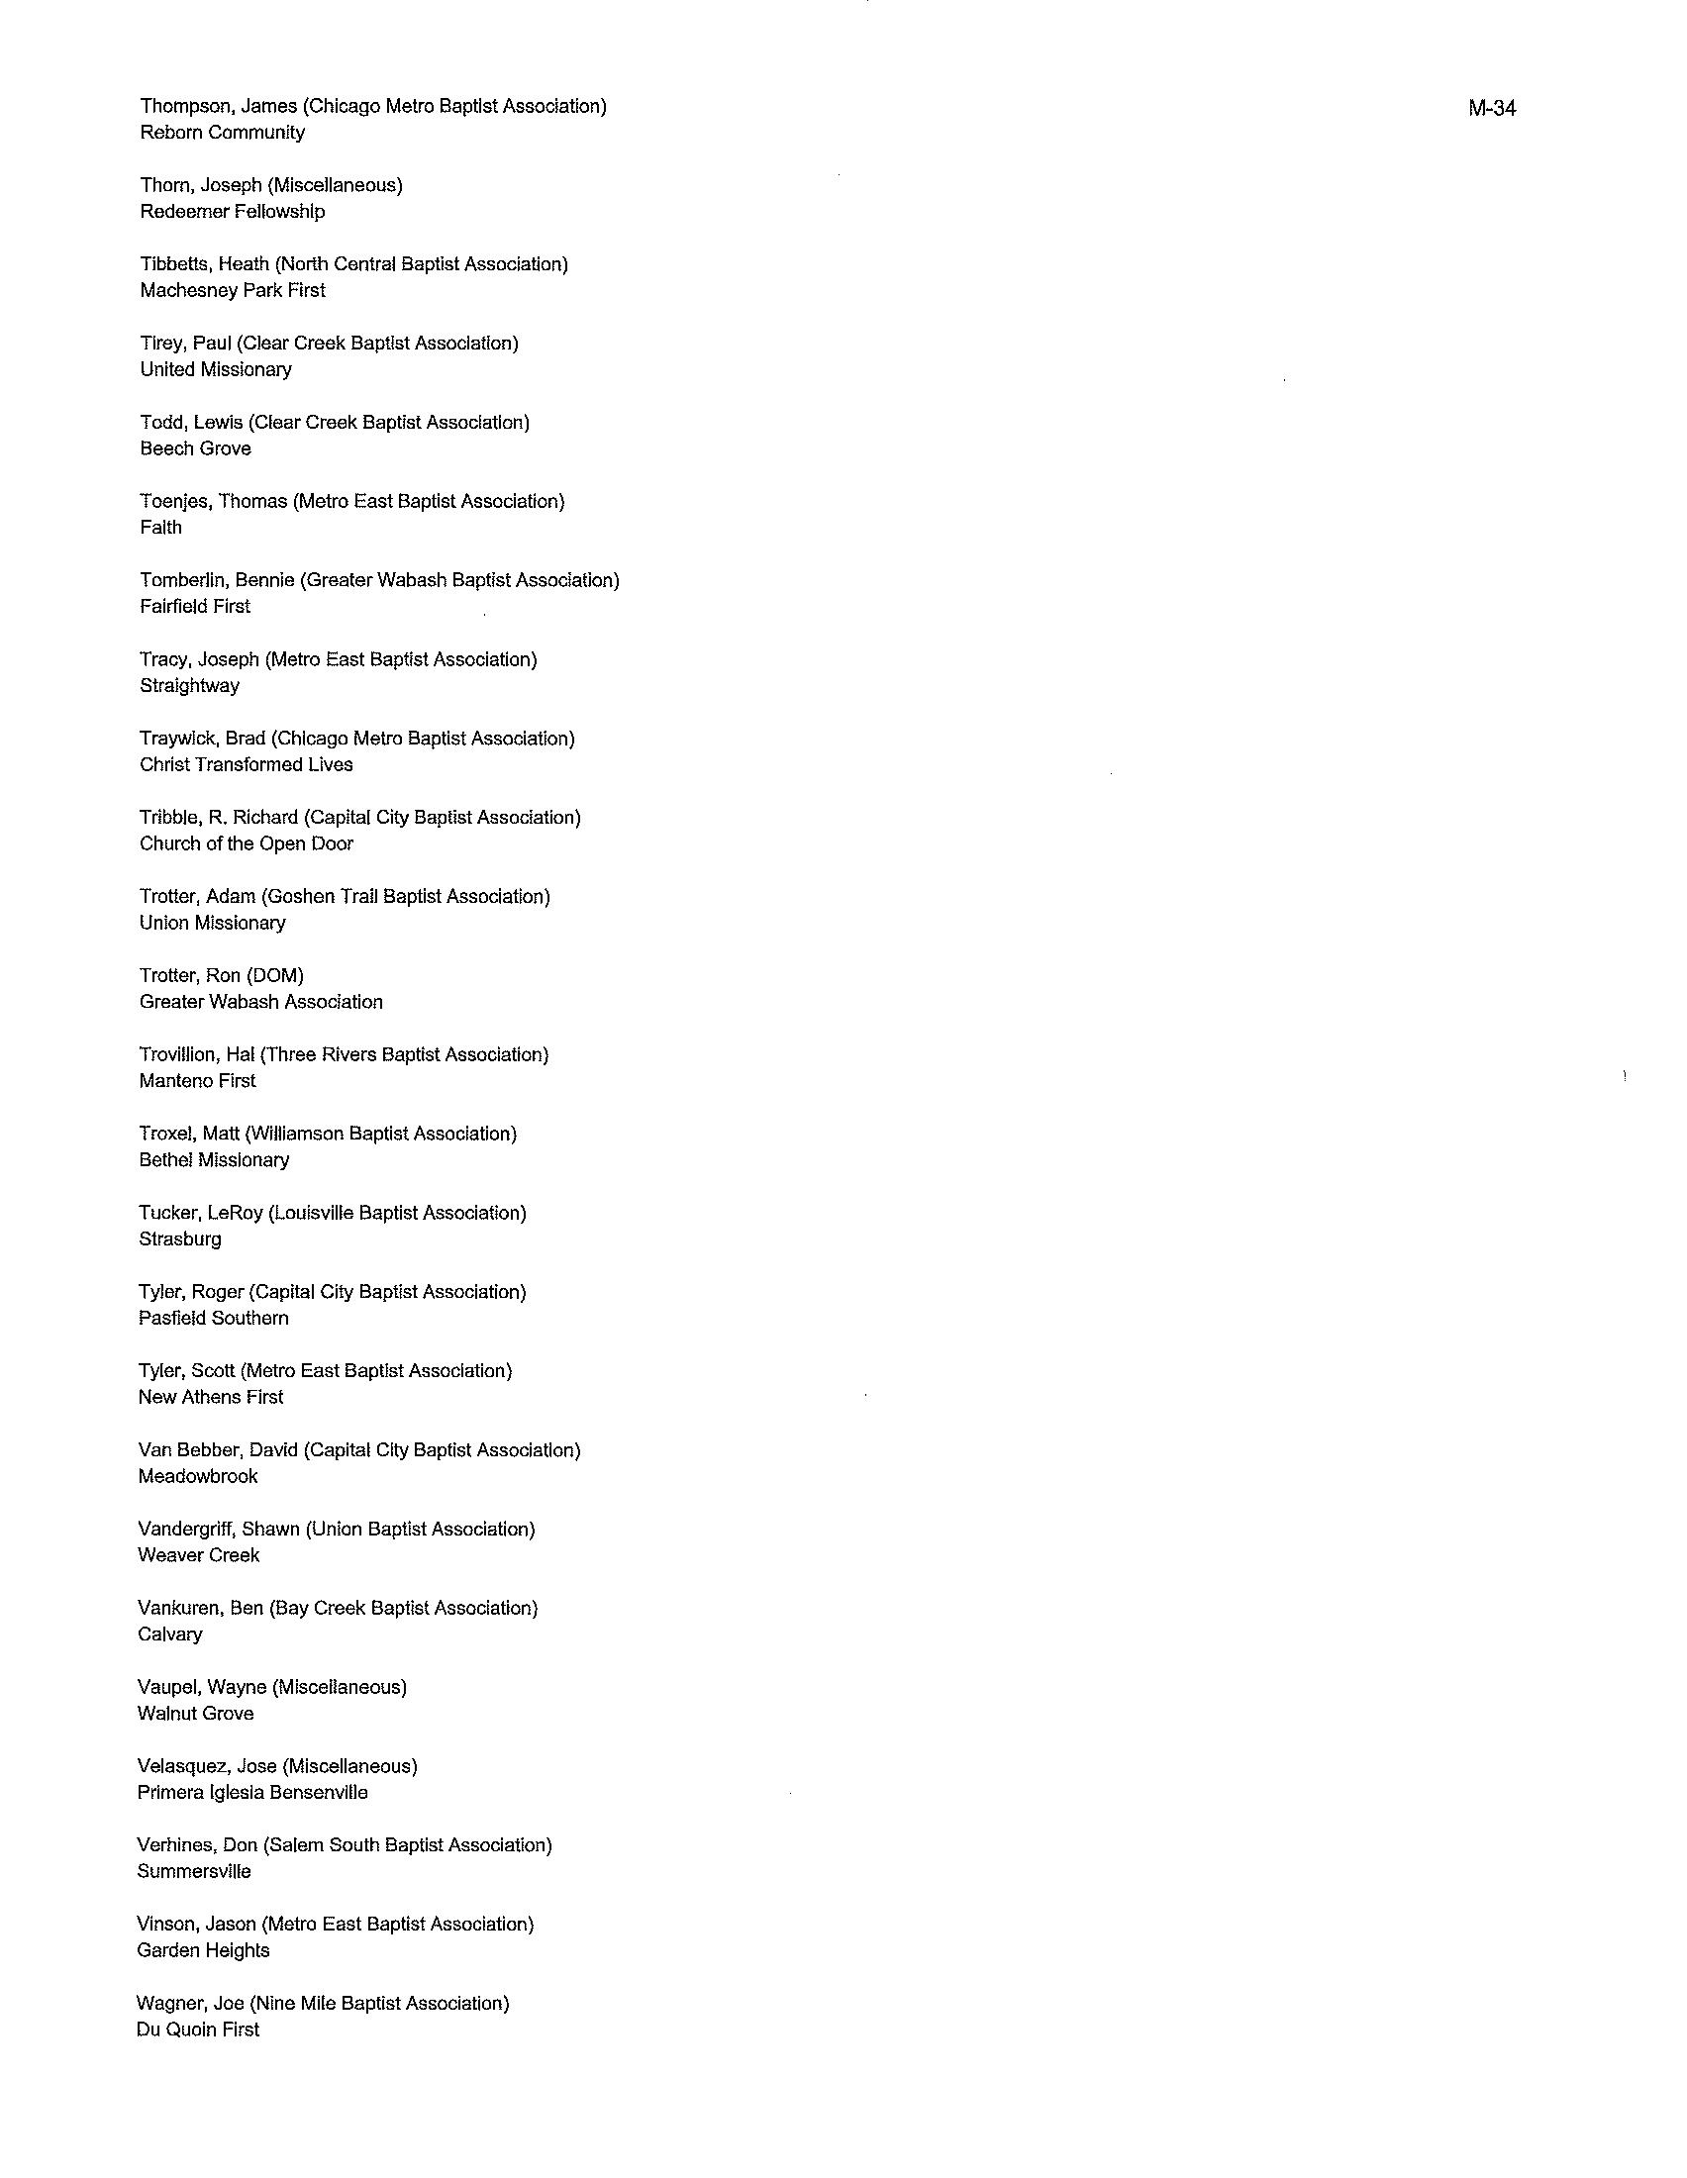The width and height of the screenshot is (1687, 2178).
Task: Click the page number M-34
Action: [x=1492, y=109]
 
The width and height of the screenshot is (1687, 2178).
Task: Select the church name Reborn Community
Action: [x=223, y=133]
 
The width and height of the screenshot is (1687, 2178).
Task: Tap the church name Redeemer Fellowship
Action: [x=233, y=212]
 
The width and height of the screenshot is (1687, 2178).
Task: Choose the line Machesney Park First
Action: [x=233, y=290]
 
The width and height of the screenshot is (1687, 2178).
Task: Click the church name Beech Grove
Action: [x=195, y=448]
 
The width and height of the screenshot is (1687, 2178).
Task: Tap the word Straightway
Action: [x=189, y=686]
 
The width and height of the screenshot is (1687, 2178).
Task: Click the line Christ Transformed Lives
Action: [x=247, y=765]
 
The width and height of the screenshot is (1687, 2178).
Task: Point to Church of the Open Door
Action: [x=247, y=843]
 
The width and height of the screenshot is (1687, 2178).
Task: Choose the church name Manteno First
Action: [x=197, y=1081]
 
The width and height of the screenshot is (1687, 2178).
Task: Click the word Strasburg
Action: [x=180, y=1239]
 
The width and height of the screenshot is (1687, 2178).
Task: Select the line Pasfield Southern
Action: [x=214, y=1319]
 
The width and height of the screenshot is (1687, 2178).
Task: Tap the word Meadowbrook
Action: [x=197, y=1477]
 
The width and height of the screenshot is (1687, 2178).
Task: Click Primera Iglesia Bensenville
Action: [x=252, y=1793]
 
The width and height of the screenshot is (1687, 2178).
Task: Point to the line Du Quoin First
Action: [x=197, y=2029]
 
